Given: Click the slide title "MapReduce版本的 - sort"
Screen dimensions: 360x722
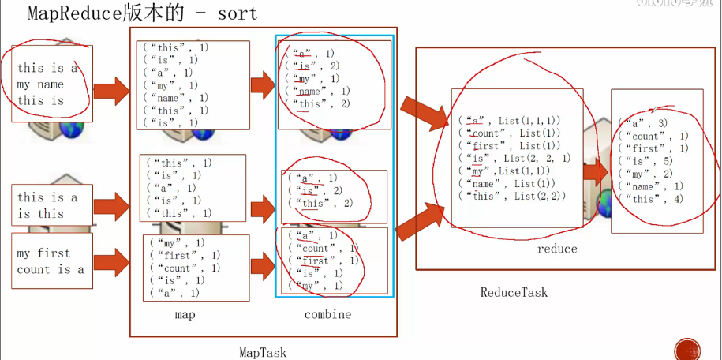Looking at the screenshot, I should [x=142, y=13].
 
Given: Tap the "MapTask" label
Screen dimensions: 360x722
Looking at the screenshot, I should [x=264, y=353].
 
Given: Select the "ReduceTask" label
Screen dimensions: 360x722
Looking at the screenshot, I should [x=514, y=293].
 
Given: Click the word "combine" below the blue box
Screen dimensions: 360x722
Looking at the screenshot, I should [x=327, y=314].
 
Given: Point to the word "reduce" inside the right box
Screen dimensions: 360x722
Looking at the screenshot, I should [x=557, y=249].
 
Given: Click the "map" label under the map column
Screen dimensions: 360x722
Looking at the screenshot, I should [x=185, y=314].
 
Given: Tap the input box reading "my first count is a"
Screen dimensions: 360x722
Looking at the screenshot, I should [x=51, y=261].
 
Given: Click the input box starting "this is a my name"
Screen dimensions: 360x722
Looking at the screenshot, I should [x=51, y=84].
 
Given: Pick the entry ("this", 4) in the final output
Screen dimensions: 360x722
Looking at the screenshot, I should [x=651, y=199].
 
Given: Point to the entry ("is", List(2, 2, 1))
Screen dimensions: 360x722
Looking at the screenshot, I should [x=514, y=158].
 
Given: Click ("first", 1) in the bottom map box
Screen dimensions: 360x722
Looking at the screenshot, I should [x=185, y=256].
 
